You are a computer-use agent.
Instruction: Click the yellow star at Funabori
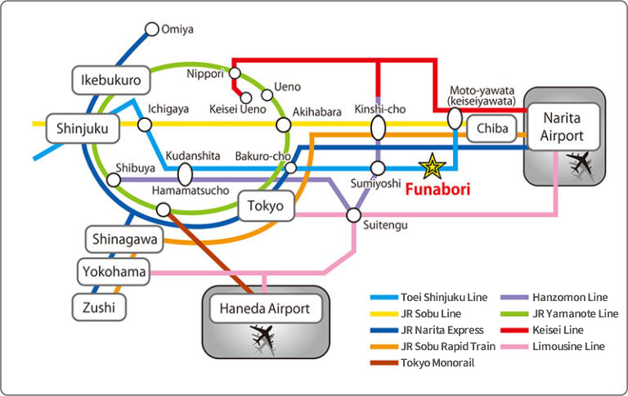(x=431, y=167)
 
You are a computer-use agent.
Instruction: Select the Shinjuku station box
(x=83, y=128)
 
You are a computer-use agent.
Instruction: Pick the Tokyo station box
(x=266, y=206)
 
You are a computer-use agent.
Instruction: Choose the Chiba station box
(x=492, y=128)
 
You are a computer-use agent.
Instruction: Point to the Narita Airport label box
(x=563, y=126)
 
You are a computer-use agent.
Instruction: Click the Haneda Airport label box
(x=266, y=309)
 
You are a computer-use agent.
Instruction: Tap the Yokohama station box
(x=114, y=271)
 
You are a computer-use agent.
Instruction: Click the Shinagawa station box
(x=124, y=239)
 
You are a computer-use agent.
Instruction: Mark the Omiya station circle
(x=151, y=29)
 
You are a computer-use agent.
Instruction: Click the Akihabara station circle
(x=284, y=125)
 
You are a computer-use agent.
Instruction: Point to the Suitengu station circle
(x=353, y=215)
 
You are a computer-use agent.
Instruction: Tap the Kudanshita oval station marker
(x=185, y=173)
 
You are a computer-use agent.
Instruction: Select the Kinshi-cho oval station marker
(x=378, y=128)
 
